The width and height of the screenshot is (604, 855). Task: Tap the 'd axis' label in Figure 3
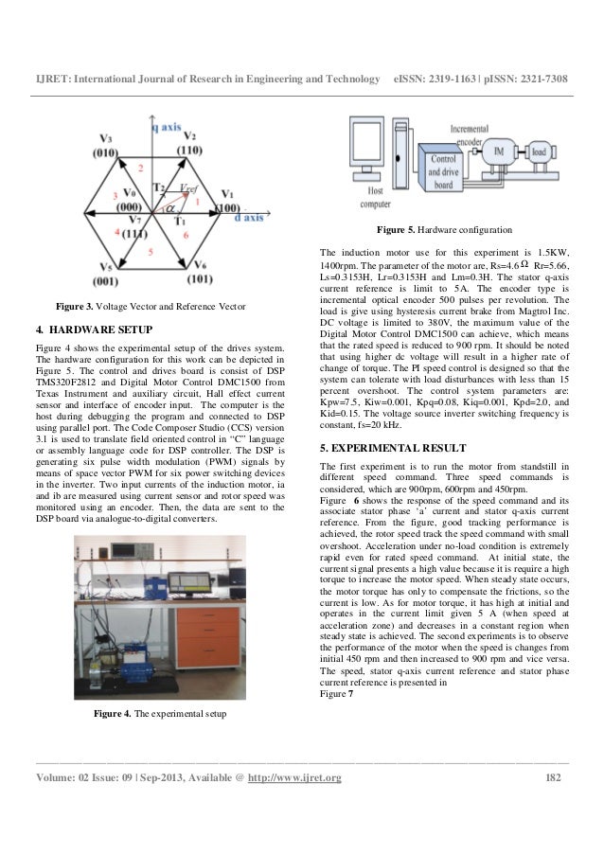click(x=241, y=217)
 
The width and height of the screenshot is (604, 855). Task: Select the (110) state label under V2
click(x=188, y=150)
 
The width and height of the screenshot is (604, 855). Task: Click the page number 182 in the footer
click(x=560, y=778)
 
